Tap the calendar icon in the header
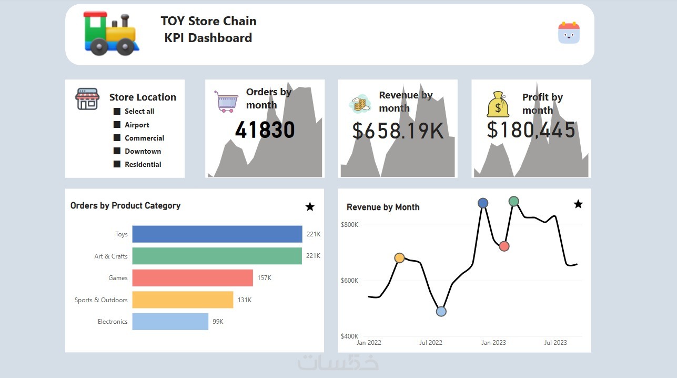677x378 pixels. (x=569, y=33)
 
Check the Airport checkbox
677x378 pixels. (x=117, y=125)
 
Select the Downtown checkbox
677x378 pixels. (x=117, y=151)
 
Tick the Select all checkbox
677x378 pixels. (x=117, y=111)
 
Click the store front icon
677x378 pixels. (x=87, y=99)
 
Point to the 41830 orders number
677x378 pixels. (x=265, y=130)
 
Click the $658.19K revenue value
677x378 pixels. (x=398, y=131)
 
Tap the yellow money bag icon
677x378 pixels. (x=498, y=104)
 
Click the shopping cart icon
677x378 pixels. (x=226, y=101)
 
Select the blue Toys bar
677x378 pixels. (x=217, y=234)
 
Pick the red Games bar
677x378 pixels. (x=192, y=278)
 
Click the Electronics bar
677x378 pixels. (x=170, y=322)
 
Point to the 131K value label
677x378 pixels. (x=245, y=300)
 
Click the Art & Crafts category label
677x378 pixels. (x=111, y=256)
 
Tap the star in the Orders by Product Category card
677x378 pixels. (x=310, y=207)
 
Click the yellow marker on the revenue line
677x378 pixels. (x=399, y=258)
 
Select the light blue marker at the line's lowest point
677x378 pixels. (x=441, y=311)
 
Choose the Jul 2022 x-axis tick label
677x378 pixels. (x=431, y=343)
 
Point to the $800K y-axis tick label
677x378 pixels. (x=349, y=225)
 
